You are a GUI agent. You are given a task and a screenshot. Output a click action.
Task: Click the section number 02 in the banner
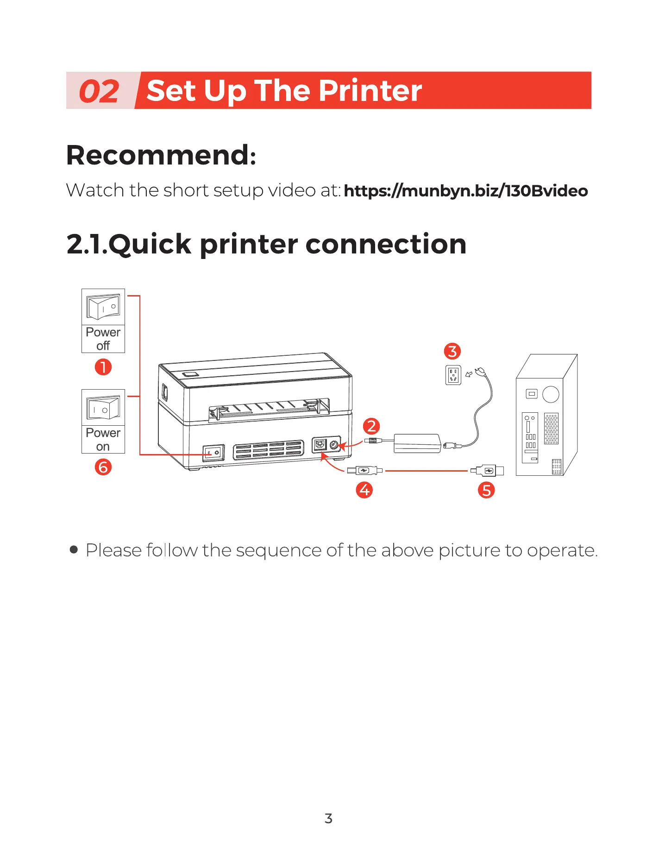tap(99, 91)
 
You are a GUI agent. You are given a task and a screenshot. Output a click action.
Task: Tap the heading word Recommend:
tap(161, 155)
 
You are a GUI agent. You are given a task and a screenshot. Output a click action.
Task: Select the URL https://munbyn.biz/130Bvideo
tap(465, 191)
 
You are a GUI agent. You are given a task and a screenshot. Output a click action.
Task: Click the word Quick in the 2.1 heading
tap(150, 244)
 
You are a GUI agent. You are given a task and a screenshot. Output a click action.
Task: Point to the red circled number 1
tap(103, 367)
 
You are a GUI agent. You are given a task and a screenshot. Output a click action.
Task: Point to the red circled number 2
tap(371, 426)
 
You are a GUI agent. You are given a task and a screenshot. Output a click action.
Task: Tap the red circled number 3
tap(452, 351)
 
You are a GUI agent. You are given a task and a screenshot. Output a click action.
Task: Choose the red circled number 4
tap(364, 490)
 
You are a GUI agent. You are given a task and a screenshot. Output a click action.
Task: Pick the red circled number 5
tap(486, 490)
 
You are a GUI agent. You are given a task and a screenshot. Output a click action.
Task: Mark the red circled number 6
tap(103, 467)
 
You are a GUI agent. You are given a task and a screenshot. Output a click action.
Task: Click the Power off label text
tap(103, 339)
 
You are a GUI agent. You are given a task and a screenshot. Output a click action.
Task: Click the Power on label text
tap(103, 440)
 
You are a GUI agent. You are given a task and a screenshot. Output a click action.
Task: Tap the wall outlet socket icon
tap(453, 375)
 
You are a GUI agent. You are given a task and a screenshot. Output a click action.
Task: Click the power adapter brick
tap(417, 443)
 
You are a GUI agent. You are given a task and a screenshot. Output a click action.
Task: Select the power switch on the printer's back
tap(213, 453)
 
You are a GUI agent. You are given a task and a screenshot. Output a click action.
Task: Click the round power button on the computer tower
tap(551, 394)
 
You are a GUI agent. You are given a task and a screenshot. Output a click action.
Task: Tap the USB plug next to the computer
tap(488, 471)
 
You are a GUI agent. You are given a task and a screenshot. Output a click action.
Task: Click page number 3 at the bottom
tap(328, 819)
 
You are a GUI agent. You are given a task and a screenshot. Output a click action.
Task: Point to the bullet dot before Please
tap(74, 550)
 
